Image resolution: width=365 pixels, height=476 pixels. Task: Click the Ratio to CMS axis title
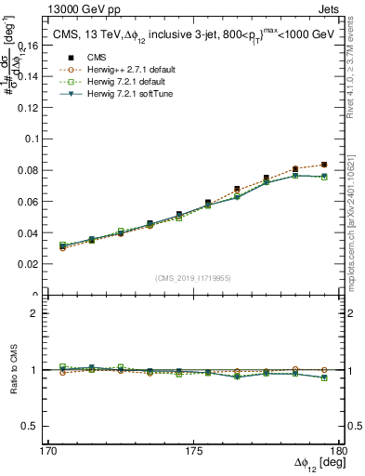pyautogui.click(x=12, y=369)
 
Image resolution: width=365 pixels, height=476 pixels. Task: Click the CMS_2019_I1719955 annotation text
pyautogui.click(x=193, y=278)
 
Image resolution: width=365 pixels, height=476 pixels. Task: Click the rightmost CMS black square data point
pyautogui.click(x=323, y=165)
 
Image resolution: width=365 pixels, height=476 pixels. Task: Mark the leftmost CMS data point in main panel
pyautogui.click(x=62, y=247)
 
